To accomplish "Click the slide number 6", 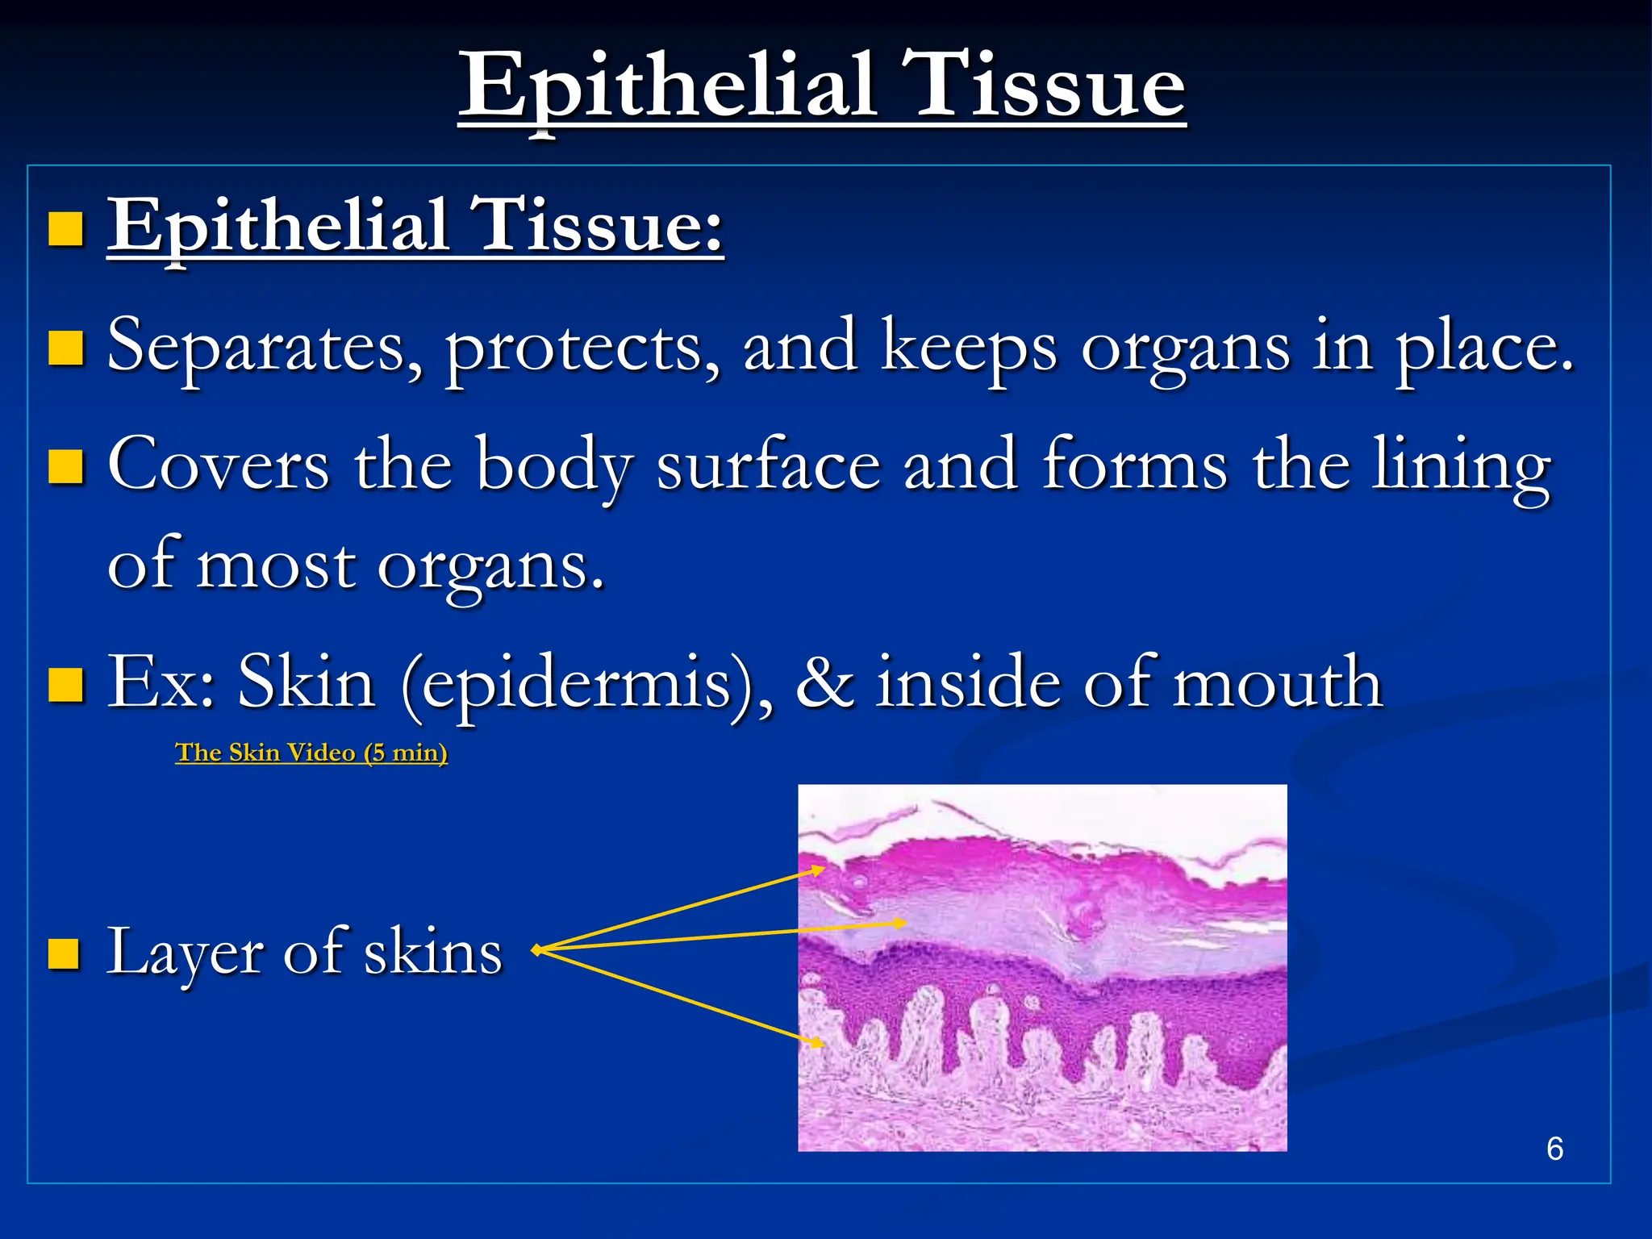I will point(1554,1149).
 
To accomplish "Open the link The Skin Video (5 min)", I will point(311,753).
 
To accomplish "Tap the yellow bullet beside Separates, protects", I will point(65,348).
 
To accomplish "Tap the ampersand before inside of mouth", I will point(824,683).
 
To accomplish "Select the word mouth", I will point(1278,683).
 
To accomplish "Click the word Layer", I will point(185,953).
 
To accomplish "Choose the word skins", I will point(433,953).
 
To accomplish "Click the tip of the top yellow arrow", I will point(824,869).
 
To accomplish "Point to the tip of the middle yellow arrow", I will point(906,923).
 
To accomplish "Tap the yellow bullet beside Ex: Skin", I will point(65,685).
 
